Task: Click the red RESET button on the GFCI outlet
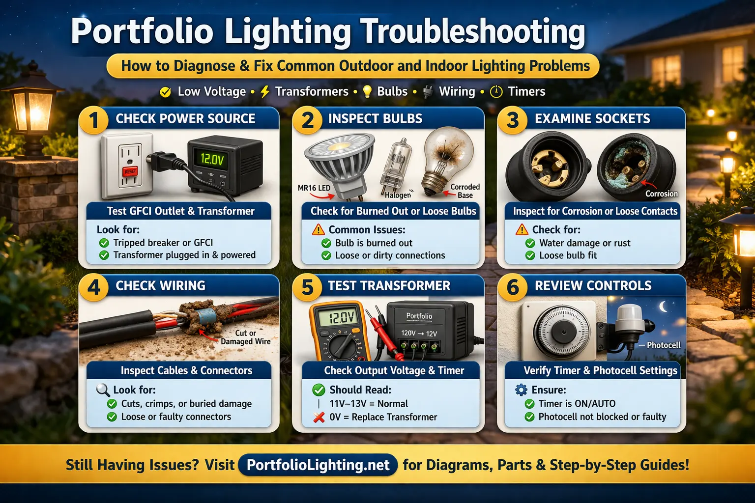(130, 171)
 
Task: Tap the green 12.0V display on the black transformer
(212, 159)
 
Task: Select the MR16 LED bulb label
(314, 188)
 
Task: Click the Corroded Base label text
(465, 191)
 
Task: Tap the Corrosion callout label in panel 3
(661, 194)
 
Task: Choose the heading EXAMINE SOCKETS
(592, 119)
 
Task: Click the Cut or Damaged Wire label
(246, 337)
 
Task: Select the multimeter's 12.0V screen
(337, 318)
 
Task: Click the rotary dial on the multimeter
(343, 346)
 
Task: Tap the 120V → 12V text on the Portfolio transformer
(419, 334)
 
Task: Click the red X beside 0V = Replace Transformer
(319, 418)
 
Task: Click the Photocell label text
(664, 345)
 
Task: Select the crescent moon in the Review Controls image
(664, 307)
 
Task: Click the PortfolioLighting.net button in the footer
(318, 465)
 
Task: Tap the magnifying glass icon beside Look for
(103, 390)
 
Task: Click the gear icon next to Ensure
(521, 390)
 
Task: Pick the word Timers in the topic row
(526, 91)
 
